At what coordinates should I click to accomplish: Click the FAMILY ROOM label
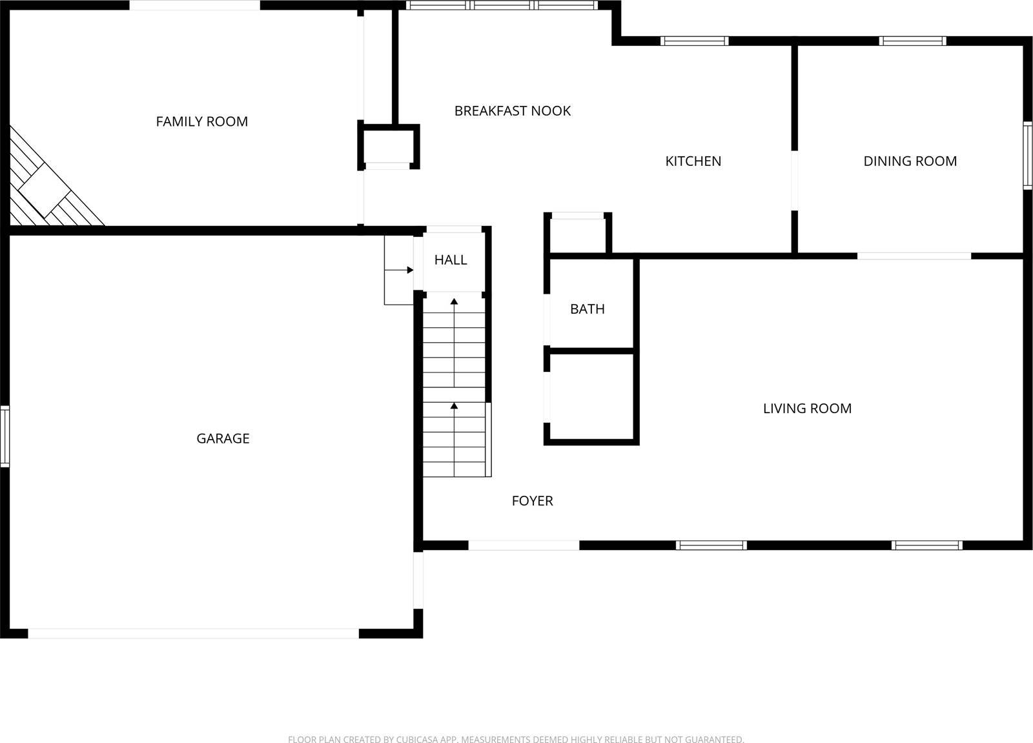pyautogui.click(x=201, y=121)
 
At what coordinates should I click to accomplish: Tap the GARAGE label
pyautogui.click(x=223, y=438)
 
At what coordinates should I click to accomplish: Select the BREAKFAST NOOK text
pyautogui.click(x=512, y=111)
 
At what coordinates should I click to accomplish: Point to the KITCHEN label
pyautogui.click(x=693, y=161)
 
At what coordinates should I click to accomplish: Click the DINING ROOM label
pyautogui.click(x=910, y=161)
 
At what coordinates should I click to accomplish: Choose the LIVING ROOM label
pyautogui.click(x=807, y=409)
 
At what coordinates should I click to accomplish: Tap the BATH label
pyautogui.click(x=587, y=309)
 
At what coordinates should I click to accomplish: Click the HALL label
pyautogui.click(x=450, y=260)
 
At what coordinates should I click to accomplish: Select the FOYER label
pyautogui.click(x=532, y=501)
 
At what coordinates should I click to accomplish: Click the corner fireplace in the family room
pyautogui.click(x=44, y=187)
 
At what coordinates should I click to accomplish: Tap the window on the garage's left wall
pyautogui.click(x=5, y=436)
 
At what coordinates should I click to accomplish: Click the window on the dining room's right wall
pyautogui.click(x=1027, y=155)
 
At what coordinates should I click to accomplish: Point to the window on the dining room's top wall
pyautogui.click(x=912, y=41)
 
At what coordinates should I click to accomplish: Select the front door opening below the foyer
pyautogui.click(x=524, y=545)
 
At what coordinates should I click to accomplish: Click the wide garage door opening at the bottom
pyautogui.click(x=193, y=634)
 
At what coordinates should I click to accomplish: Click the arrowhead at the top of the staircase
pyautogui.click(x=454, y=301)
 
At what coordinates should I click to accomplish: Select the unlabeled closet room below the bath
pyautogui.click(x=591, y=397)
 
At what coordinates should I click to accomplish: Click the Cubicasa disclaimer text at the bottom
pyautogui.click(x=516, y=739)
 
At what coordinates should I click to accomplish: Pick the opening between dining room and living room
pyautogui.click(x=914, y=256)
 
